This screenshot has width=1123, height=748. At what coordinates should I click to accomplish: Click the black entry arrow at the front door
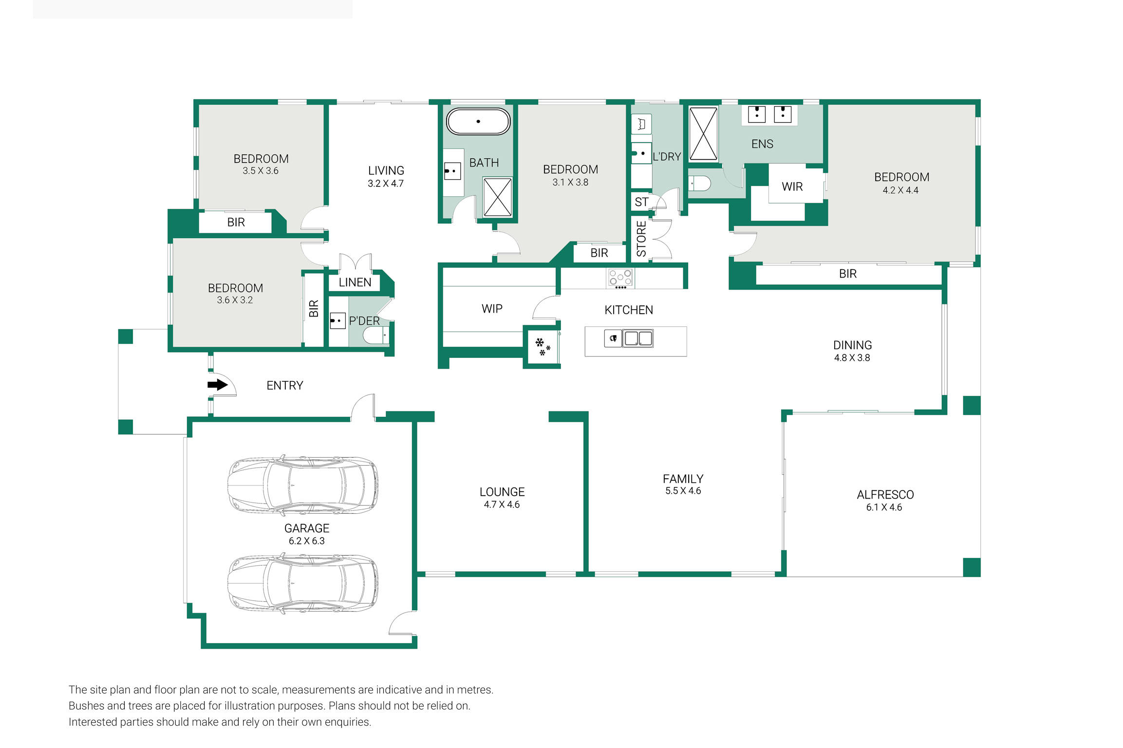pos(218,385)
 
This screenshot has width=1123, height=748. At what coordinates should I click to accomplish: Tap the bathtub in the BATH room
pos(478,121)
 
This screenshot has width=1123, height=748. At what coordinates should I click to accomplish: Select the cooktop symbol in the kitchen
pos(620,279)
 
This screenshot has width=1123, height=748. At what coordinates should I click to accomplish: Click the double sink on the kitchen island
pos(638,338)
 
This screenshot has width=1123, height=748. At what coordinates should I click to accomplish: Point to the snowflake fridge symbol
pos(543,347)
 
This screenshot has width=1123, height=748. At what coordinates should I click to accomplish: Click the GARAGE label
pos(307,528)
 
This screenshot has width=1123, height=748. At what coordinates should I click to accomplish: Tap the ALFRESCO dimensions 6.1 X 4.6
pos(884,507)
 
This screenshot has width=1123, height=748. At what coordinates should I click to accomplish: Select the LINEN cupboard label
pos(355,282)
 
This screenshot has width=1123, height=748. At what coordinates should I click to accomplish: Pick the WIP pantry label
pos(492,309)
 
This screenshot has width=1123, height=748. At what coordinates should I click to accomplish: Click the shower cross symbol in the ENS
pos(703,134)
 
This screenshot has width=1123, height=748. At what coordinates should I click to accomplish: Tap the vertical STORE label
pos(641,239)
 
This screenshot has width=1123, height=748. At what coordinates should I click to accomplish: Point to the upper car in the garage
pos(303,486)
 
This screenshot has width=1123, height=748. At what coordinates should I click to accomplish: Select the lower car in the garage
pos(303,583)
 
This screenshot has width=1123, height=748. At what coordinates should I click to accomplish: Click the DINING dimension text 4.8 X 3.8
pos(852,358)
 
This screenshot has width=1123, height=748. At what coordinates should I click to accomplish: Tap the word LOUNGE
pos(502,492)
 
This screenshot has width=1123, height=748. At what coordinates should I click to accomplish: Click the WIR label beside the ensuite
pos(792,187)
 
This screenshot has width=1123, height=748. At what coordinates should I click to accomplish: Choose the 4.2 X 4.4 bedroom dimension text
pos(900,190)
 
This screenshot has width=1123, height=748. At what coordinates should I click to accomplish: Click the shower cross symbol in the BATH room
pos(497,197)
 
